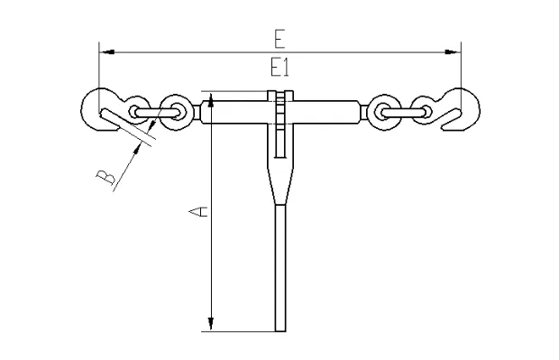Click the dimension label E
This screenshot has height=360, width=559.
[279, 38]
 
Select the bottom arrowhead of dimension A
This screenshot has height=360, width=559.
[210, 324]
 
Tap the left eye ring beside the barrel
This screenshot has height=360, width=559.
[178, 112]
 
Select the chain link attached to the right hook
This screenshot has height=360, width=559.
[424, 111]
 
